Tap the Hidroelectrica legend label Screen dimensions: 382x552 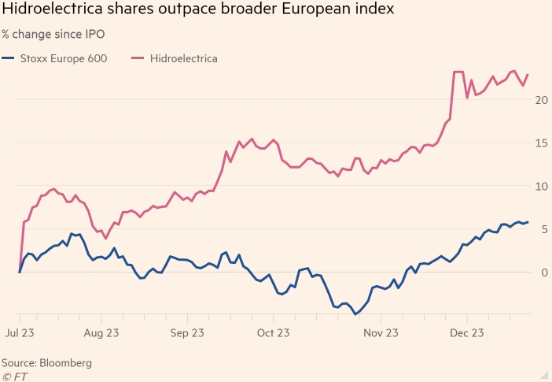coord(183,58)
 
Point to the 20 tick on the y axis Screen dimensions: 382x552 coord(541,100)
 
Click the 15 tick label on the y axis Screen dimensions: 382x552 coord(541,143)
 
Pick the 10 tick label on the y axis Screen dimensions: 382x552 coord(541,187)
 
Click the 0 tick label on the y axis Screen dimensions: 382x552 coord(543,273)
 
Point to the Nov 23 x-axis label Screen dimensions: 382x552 coord(381,333)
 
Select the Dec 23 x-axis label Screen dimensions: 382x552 coord(466,333)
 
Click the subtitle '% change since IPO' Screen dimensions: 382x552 coord(53,35)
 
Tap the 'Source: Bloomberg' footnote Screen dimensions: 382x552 coord(46,363)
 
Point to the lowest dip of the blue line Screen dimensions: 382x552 coord(355,314)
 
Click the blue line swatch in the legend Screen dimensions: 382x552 coord(9,58)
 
